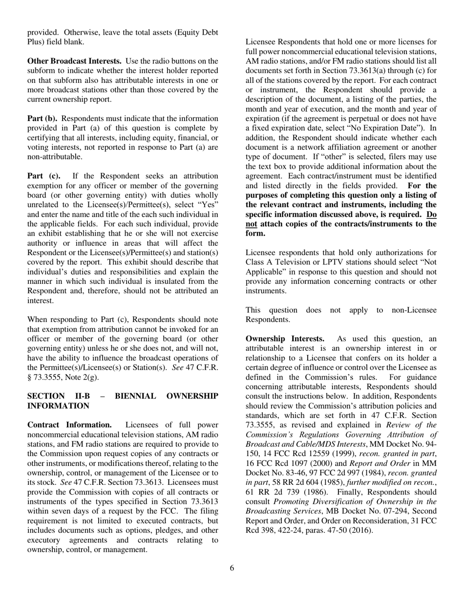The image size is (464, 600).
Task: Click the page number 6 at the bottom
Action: [232, 568]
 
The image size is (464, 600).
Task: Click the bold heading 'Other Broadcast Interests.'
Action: [74, 61]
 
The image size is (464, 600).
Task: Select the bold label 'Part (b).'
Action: [43, 119]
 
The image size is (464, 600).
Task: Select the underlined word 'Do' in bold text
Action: [431, 214]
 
